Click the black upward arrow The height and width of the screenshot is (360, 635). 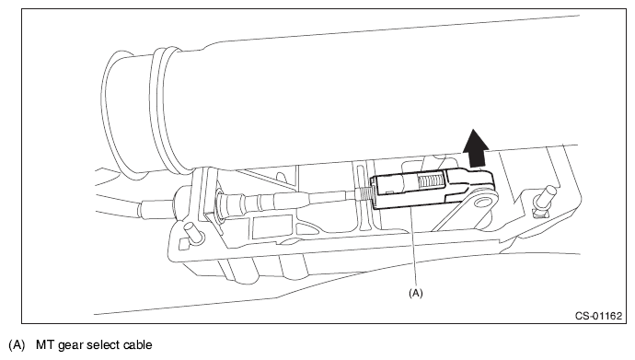pos(476,148)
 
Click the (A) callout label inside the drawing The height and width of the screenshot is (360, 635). pos(416,293)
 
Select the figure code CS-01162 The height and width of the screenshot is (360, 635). pos(598,316)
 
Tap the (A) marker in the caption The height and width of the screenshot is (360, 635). pos(17,345)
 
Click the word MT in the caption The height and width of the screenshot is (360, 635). pos(45,345)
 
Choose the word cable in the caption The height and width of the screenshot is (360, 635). pos(138,345)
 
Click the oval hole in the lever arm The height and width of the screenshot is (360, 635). pos(482,202)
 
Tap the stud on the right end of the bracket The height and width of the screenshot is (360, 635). pos(544,198)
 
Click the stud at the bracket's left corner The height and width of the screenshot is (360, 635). pos(193,234)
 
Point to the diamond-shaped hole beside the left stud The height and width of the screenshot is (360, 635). pos(183,244)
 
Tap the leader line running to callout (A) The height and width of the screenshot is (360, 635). pos(412,248)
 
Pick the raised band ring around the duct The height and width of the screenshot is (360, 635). pos(166,110)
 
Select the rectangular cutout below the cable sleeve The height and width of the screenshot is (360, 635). pos(271,226)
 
